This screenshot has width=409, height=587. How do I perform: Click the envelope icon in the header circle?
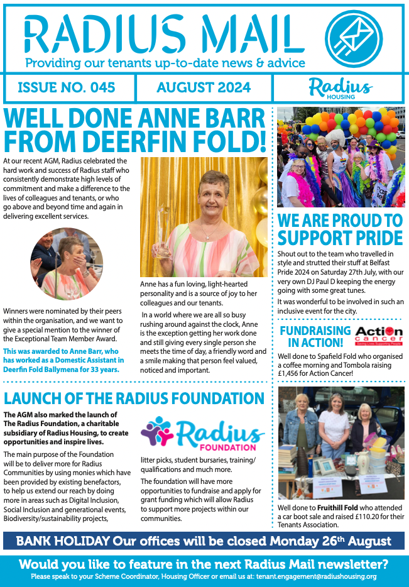tap(355, 38)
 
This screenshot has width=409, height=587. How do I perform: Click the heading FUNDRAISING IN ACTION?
tap(315, 336)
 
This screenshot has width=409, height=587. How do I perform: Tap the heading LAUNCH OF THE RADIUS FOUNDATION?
tap(134, 398)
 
